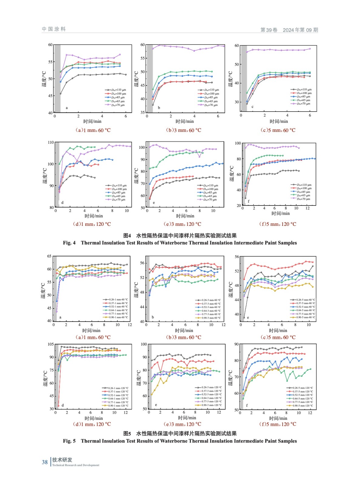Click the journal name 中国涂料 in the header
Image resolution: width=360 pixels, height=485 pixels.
54,29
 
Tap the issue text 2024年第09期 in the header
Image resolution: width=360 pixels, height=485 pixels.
300,30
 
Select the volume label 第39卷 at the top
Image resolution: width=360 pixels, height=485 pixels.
269,30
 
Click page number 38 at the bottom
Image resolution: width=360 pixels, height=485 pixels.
45,462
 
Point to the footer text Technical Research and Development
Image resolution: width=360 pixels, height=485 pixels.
76,465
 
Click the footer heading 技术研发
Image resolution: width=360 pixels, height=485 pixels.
62,460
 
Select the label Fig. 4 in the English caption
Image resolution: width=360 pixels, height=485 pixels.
69,243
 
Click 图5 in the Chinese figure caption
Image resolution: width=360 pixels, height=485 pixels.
127,433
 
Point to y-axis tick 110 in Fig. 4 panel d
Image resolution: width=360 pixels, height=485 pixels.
51,142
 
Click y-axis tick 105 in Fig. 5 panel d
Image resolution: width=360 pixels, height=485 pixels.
51,344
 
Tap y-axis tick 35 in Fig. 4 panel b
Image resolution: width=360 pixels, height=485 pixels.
143,112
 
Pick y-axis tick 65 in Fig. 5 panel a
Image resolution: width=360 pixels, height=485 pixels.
49,256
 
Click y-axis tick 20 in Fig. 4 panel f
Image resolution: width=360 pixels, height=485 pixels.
238,206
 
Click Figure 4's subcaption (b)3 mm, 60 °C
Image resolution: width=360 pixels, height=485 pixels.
183,130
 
